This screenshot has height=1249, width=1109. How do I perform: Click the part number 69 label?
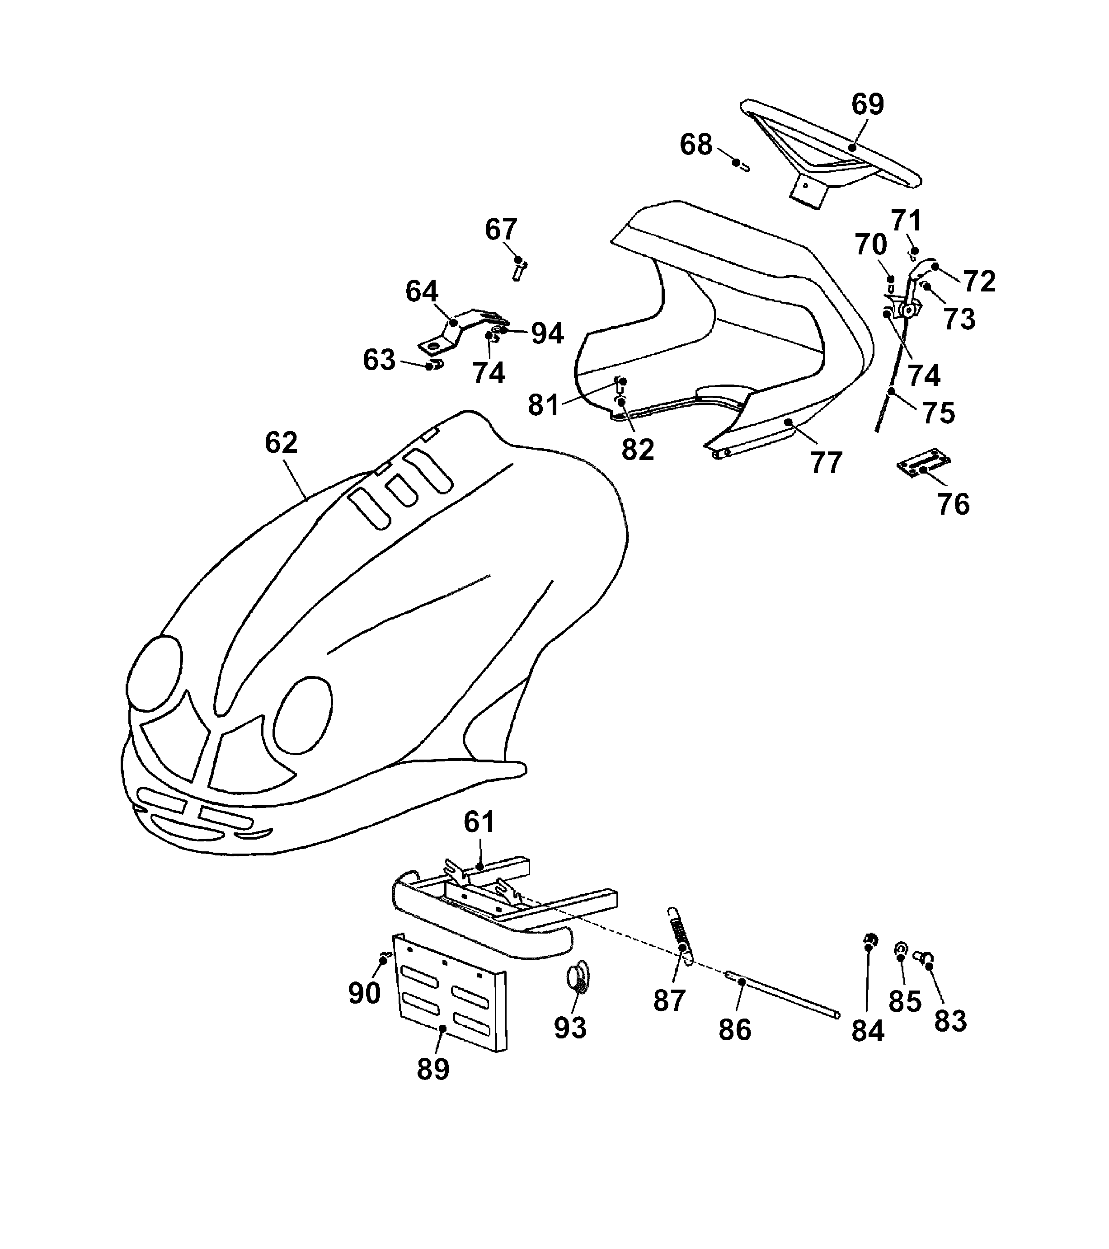point(867,104)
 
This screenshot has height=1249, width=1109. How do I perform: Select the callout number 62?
point(281,442)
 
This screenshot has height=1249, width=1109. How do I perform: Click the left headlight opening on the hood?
point(155,673)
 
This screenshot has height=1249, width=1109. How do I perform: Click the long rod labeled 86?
point(782,997)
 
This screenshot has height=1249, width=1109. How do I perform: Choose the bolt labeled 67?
point(519,269)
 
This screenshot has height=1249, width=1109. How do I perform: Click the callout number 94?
point(547,333)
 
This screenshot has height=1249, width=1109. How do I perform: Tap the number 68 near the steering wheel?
point(696,145)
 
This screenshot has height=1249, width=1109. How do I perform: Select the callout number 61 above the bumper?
point(479,822)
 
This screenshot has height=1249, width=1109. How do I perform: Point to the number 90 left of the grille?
point(364,993)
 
